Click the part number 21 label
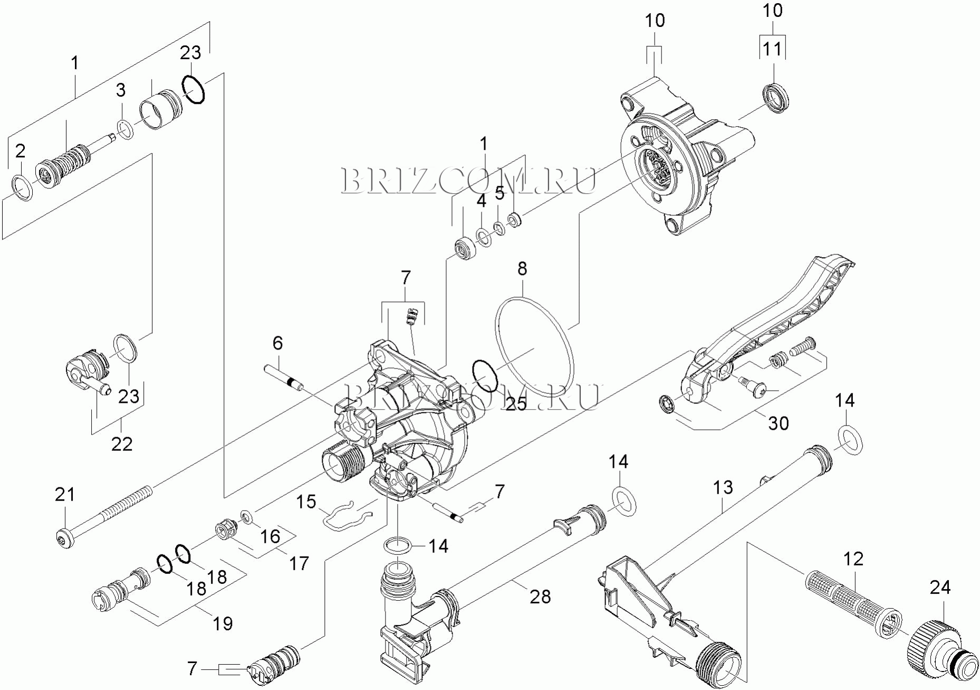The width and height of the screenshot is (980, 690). tap(65, 495)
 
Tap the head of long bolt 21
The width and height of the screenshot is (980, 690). tap(63, 537)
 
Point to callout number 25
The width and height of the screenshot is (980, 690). tap(516, 403)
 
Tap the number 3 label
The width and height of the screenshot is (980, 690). tap(121, 90)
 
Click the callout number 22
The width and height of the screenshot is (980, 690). tap(121, 444)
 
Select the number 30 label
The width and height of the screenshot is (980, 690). tap(778, 423)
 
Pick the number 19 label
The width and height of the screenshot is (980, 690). tap(223, 623)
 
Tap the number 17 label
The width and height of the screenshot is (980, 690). tap(299, 563)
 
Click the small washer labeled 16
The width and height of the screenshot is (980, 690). tap(246, 515)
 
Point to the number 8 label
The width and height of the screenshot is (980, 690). tap(522, 269)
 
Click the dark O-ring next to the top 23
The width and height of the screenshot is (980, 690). tap(194, 89)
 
